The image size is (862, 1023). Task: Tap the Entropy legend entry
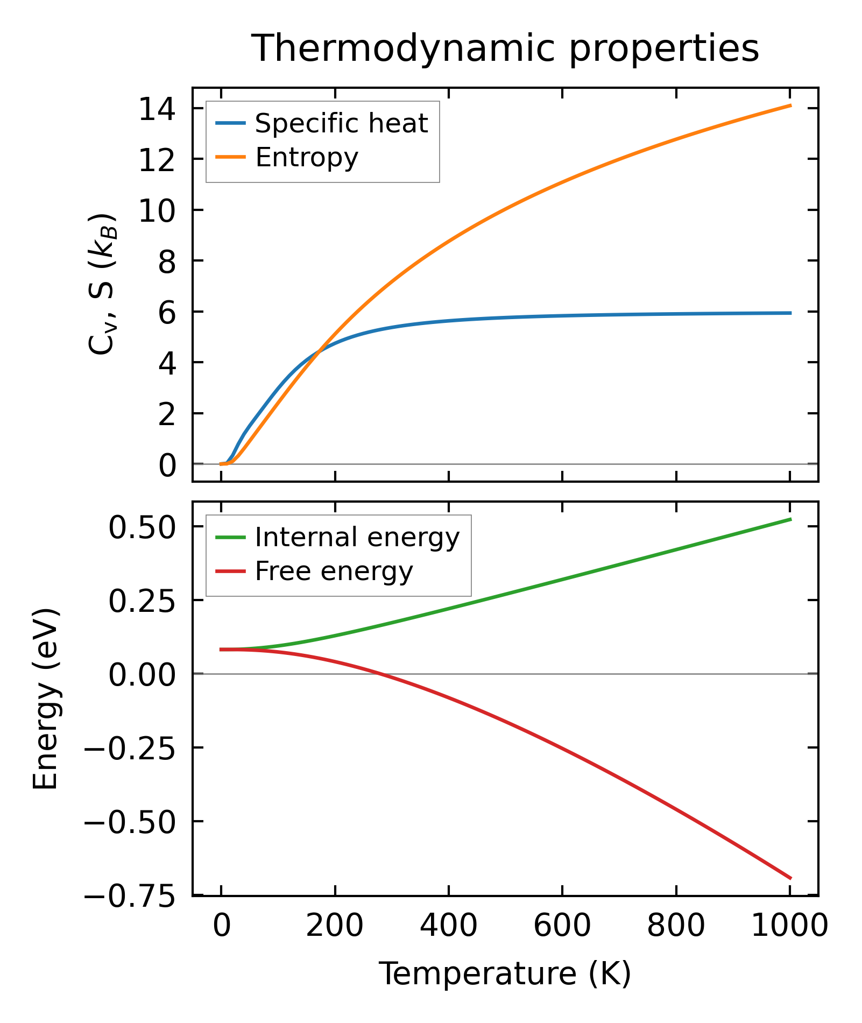pyautogui.click(x=307, y=158)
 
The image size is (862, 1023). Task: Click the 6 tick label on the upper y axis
pyautogui.click(x=167, y=312)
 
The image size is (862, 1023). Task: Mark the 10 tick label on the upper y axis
pyautogui.click(x=157, y=210)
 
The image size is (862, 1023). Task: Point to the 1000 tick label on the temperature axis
pyautogui.click(x=789, y=927)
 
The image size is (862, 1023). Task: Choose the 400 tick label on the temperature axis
pyautogui.click(x=448, y=927)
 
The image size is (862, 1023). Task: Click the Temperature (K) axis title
pyautogui.click(x=505, y=974)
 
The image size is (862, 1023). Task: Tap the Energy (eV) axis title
pyautogui.click(x=45, y=699)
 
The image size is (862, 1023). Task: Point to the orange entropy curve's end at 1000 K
pyautogui.click(x=790, y=105)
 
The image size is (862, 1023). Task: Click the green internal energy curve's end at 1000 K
pyautogui.click(x=790, y=519)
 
